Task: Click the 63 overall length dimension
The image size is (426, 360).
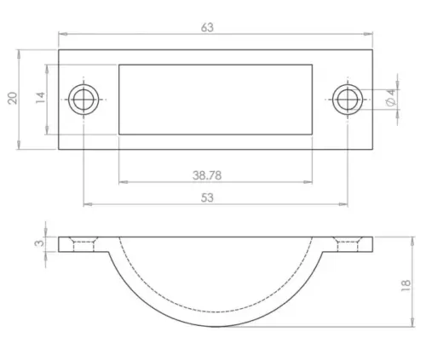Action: click(x=207, y=26)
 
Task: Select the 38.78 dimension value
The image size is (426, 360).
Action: click(x=208, y=174)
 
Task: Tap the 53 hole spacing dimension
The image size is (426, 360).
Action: click(x=208, y=197)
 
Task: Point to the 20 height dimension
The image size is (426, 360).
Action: click(x=12, y=99)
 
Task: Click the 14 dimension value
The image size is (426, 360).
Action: click(x=39, y=99)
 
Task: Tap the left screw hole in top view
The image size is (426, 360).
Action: click(x=83, y=99)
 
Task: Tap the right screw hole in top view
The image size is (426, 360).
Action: click(x=345, y=99)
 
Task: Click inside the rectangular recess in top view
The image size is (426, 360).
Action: click(x=215, y=99)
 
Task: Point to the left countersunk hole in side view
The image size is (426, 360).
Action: click(x=83, y=244)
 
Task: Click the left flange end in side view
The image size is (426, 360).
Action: click(x=60, y=244)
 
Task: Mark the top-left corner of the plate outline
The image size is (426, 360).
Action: click(x=59, y=49)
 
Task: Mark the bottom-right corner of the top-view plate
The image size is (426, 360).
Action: click(x=372, y=149)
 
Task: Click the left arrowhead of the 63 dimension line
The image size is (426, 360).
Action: click(x=61, y=35)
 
